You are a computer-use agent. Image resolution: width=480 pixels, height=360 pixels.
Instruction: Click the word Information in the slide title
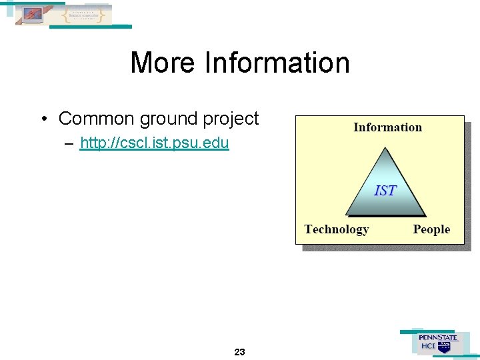(277, 63)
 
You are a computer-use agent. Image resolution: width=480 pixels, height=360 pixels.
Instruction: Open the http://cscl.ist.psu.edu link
(154, 143)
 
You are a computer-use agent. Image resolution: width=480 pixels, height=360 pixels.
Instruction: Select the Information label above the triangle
(387, 127)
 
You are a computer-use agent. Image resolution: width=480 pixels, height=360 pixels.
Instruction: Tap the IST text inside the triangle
(385, 191)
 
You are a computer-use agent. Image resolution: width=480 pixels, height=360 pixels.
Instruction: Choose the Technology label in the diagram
(336, 229)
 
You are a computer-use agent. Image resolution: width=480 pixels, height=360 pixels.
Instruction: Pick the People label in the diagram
(431, 229)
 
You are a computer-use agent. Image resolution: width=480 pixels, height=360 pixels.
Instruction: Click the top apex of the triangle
(385, 148)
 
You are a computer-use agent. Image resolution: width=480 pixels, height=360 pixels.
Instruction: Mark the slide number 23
(240, 351)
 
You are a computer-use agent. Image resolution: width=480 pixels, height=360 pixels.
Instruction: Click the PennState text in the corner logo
(438, 337)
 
